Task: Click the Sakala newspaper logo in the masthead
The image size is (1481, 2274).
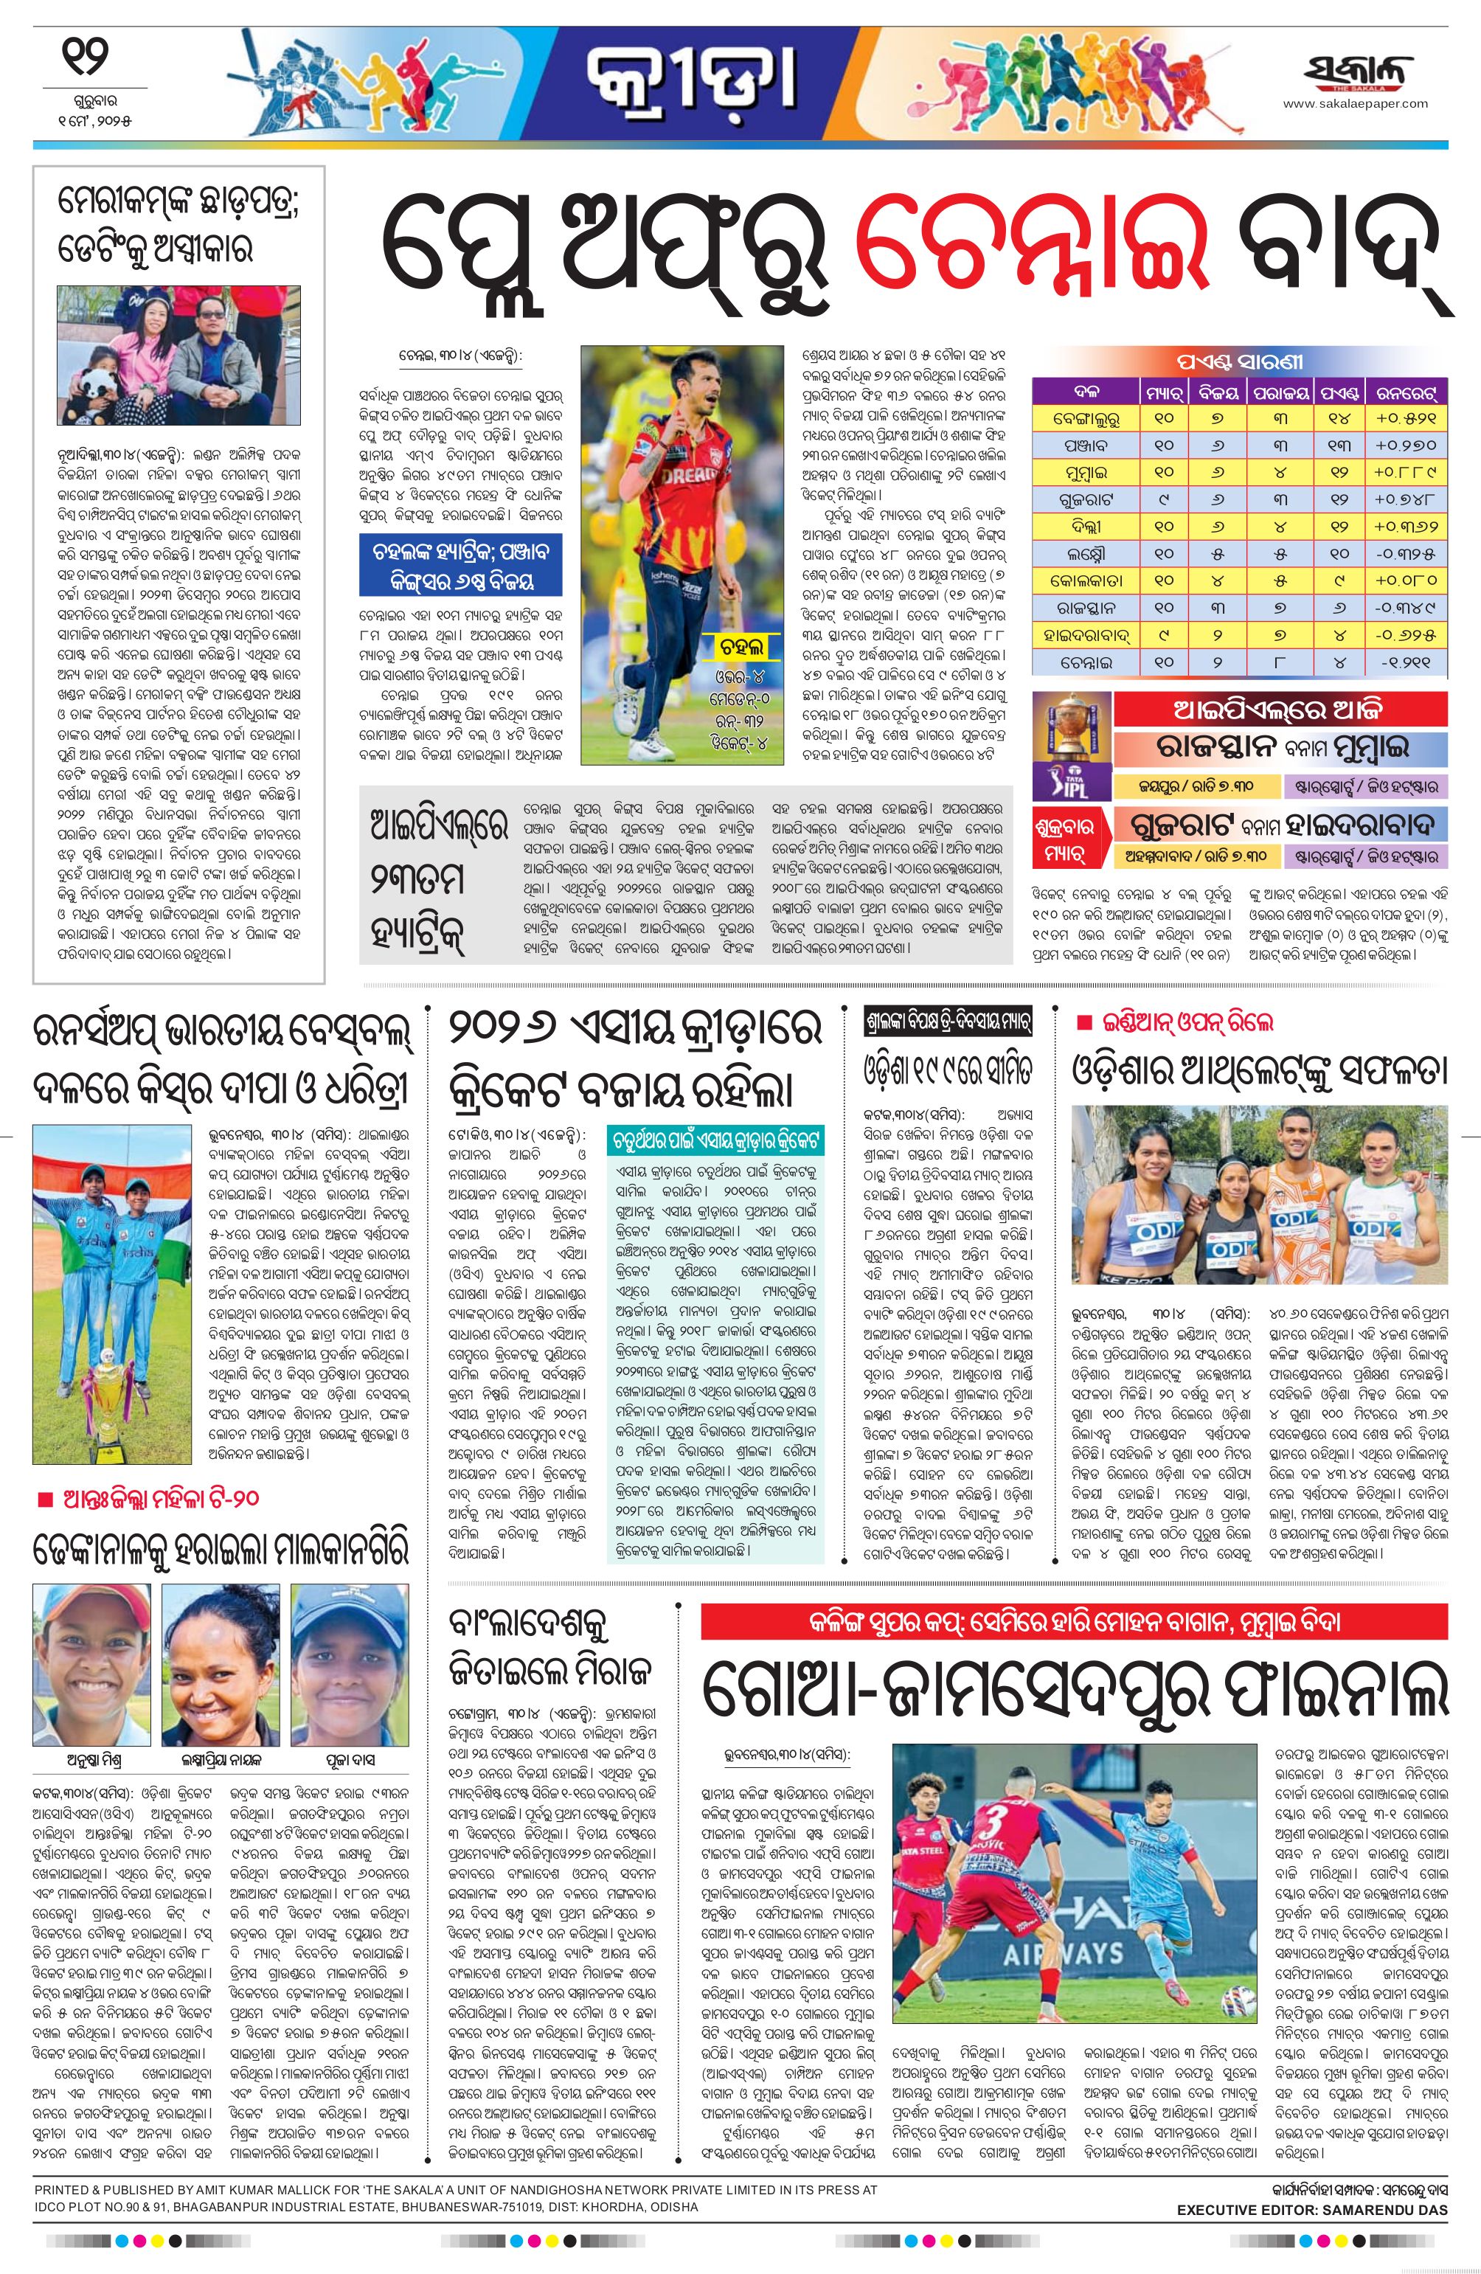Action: point(1357,74)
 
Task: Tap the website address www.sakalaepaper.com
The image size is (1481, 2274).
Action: point(1355,104)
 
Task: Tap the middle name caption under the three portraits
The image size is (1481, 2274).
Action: point(220,1760)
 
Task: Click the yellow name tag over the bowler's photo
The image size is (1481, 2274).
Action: point(741,647)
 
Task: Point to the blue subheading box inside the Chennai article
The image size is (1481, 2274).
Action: point(460,566)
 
